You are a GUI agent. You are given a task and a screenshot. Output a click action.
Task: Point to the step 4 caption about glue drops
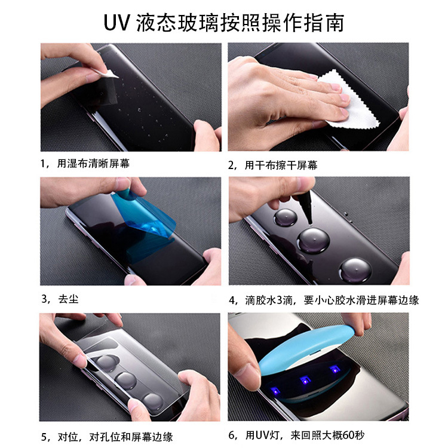(323, 300)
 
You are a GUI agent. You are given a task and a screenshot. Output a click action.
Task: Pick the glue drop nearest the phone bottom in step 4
(355, 269)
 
